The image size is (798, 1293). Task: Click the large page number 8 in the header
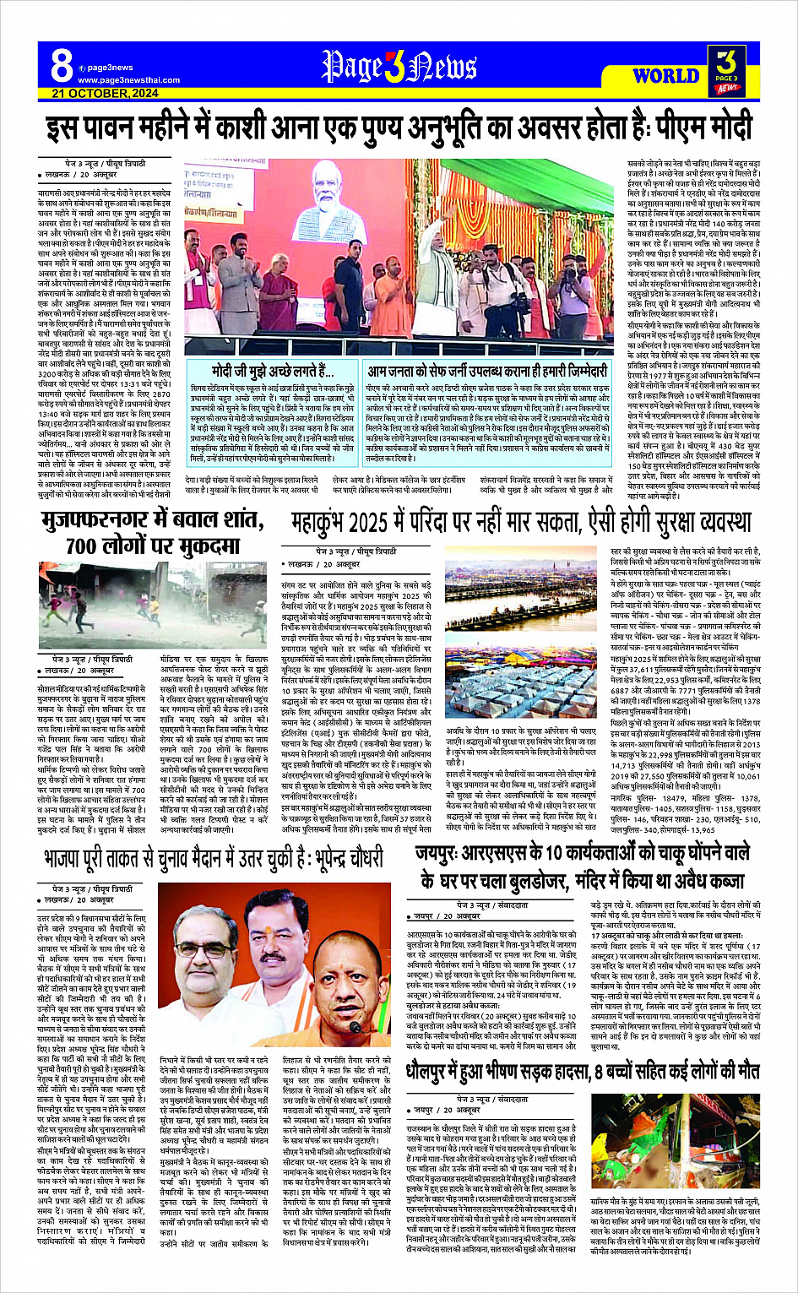pos(62,65)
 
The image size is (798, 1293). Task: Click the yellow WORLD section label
pos(665,75)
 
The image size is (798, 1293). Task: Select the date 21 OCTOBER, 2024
pos(105,93)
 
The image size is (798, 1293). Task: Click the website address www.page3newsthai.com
pos(128,80)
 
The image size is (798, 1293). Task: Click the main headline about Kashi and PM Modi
pos(399,128)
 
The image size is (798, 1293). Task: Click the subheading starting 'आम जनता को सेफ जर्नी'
pos(487,371)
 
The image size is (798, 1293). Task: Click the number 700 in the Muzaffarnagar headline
pos(81,546)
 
